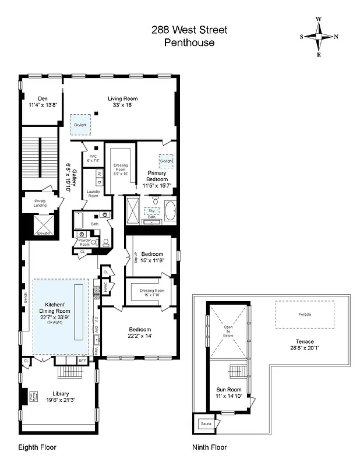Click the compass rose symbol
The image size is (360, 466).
(319, 36)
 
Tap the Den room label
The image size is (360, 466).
(43, 98)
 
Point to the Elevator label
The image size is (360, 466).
(44, 233)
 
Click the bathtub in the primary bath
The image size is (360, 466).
(171, 211)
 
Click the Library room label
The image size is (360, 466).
(61, 393)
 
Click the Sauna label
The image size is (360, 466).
(206, 425)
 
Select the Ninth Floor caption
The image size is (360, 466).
(210, 447)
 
